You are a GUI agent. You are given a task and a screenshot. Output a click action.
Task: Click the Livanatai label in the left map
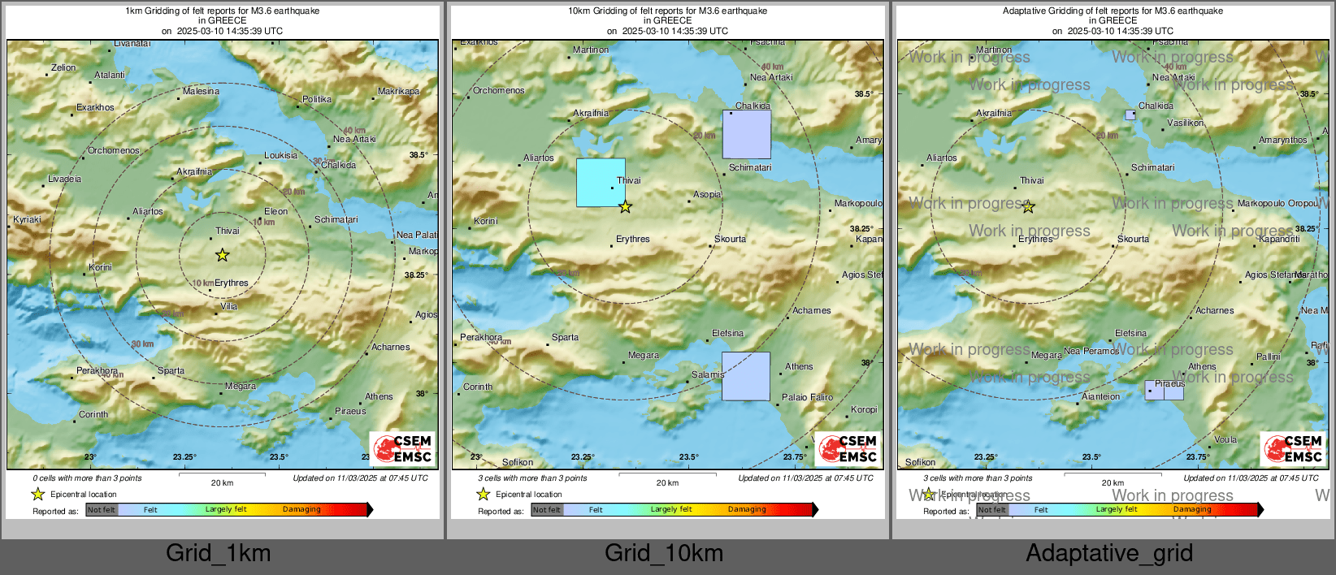click(132, 43)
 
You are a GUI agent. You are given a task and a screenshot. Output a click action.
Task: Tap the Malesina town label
click(201, 91)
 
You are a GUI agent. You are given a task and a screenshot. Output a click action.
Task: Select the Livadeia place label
click(64, 179)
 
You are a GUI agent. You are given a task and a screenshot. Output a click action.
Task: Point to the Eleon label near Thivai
click(275, 211)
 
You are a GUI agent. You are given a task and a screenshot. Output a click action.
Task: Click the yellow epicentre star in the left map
click(222, 255)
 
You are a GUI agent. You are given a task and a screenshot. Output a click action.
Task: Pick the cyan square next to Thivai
click(601, 183)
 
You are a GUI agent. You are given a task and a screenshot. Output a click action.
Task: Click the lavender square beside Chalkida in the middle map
click(747, 134)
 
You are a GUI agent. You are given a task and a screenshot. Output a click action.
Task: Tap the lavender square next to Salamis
click(746, 376)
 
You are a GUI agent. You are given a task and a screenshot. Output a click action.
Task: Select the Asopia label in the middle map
click(707, 194)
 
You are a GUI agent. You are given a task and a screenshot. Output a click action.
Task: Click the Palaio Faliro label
click(807, 397)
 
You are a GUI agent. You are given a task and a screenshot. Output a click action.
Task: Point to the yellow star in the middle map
click(625, 207)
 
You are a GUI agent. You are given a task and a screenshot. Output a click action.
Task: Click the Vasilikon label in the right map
click(1185, 123)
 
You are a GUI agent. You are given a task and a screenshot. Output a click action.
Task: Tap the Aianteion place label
click(1100, 396)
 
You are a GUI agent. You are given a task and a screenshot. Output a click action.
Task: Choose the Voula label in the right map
click(1225, 439)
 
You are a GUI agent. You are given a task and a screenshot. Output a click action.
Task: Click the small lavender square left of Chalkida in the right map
click(1130, 115)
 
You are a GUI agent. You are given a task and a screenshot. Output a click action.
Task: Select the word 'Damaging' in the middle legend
click(747, 509)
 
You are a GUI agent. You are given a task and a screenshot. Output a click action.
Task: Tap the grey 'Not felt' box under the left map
click(102, 510)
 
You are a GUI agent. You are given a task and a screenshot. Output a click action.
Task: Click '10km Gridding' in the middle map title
click(597, 11)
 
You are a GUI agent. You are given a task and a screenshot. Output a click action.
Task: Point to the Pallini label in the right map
click(1268, 357)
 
